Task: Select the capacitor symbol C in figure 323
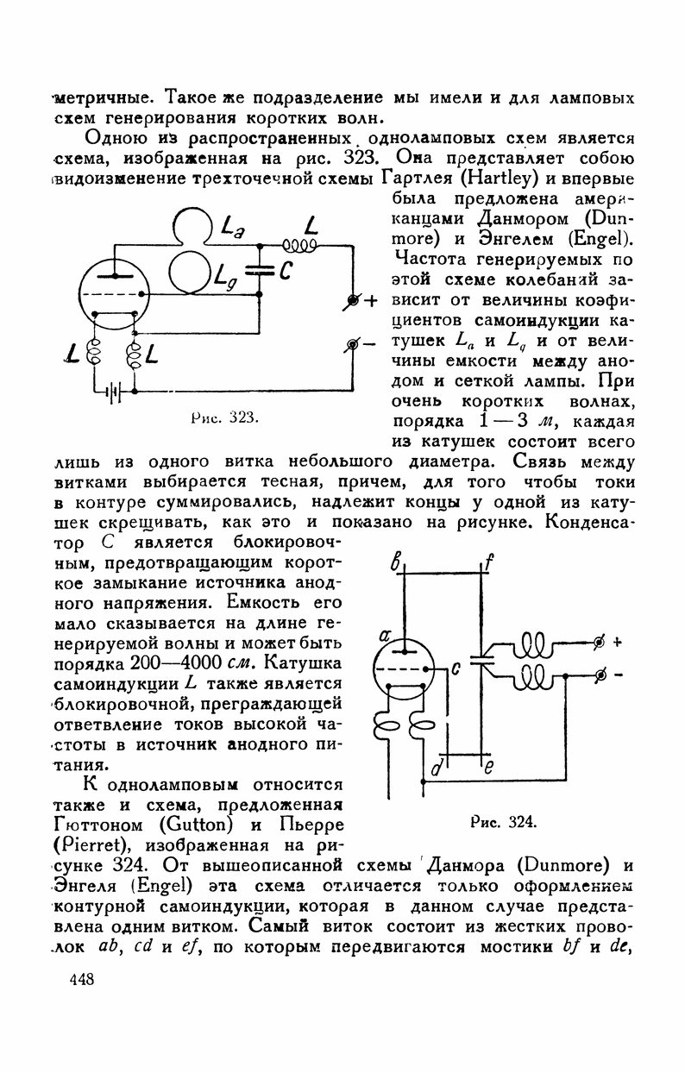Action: [x=260, y=270]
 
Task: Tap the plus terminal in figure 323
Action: [x=352, y=300]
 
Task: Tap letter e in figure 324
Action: [x=487, y=769]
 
